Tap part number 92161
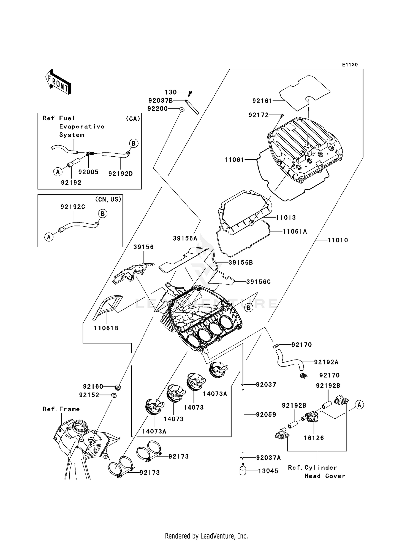pos(262,101)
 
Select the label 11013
pos(286,218)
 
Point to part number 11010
pos(338,240)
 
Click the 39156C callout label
pos(258,282)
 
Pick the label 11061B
pos(106,328)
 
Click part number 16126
pos(314,438)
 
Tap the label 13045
pos(268,471)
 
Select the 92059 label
pos(266,415)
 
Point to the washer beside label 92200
pos(182,109)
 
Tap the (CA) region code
pos(133,119)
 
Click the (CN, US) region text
pos(108,199)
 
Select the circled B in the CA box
pos(134,143)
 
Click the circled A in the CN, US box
pos(49,237)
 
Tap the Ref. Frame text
pos(61,409)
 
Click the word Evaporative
pos(82,127)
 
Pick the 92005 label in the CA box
pos(88,172)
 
